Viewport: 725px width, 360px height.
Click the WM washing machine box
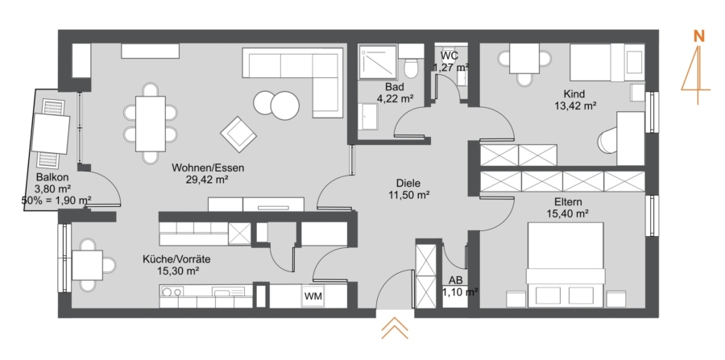[x=313, y=296]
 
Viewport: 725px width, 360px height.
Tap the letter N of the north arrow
[x=698, y=36]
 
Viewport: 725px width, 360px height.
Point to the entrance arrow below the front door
[x=395, y=328]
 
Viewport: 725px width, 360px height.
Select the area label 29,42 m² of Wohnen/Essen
[x=208, y=180]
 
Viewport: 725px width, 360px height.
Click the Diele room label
[x=408, y=184]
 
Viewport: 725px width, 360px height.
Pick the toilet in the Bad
[x=411, y=61]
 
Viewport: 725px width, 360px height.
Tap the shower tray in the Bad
[x=379, y=61]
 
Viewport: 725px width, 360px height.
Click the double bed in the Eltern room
[x=565, y=264]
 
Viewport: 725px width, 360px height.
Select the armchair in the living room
[x=238, y=134]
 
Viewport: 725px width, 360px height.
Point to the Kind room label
[x=574, y=93]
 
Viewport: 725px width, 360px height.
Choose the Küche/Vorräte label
[x=176, y=259]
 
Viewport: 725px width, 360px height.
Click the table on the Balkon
[x=51, y=134]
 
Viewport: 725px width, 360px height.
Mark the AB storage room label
[x=455, y=280]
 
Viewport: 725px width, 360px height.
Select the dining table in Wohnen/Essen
[x=151, y=123]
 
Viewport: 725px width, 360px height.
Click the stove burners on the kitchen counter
[x=172, y=292]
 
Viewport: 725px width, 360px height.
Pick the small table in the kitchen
[x=87, y=265]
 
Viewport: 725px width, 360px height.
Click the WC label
[x=449, y=56]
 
